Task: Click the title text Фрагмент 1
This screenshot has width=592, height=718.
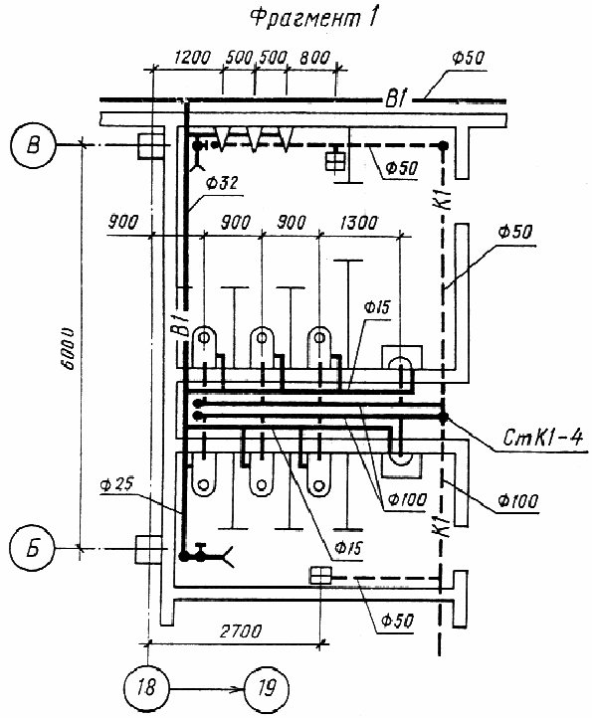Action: coord(314,19)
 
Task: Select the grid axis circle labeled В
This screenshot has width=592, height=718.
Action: coord(34,145)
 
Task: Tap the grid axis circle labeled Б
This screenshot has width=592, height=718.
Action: coord(32,548)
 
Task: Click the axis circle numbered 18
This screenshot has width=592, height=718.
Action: coord(146,688)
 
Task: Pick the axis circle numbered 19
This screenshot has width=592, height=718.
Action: coord(267,688)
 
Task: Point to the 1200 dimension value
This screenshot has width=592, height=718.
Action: coord(193,58)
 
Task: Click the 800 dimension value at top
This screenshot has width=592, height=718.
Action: coord(314,58)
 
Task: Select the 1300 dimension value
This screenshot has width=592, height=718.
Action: coord(359,224)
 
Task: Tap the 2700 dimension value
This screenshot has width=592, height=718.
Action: coord(242,631)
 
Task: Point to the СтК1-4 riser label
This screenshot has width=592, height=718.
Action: coord(542,438)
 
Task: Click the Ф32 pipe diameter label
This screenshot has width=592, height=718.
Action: coord(222,183)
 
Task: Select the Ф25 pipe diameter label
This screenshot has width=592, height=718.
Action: coord(116,484)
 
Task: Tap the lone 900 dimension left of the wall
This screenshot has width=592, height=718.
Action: coord(122,223)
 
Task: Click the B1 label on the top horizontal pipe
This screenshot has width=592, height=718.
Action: coord(396,98)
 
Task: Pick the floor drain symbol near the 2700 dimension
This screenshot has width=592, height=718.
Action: coord(320,575)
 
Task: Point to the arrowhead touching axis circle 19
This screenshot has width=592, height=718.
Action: coord(238,688)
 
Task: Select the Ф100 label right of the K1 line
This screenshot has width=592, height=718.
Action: coord(518,502)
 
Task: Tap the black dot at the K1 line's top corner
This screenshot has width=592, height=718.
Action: coord(443,145)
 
